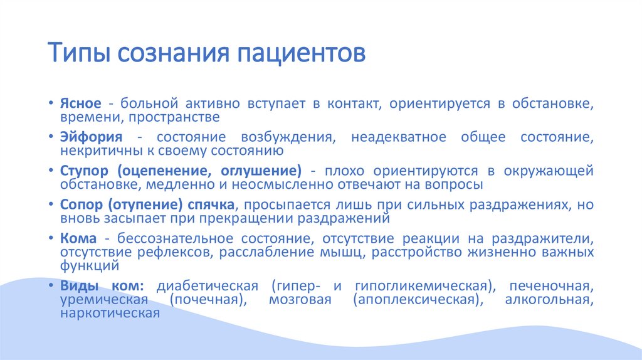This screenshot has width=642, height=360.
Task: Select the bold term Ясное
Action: [x=78, y=103]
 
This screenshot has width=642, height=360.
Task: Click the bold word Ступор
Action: [x=85, y=171]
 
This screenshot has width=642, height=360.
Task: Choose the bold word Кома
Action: [x=78, y=239]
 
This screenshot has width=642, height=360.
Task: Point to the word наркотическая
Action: [x=110, y=312]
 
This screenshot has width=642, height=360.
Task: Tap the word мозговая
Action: [x=295, y=299]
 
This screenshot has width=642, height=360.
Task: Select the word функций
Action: [x=86, y=265]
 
